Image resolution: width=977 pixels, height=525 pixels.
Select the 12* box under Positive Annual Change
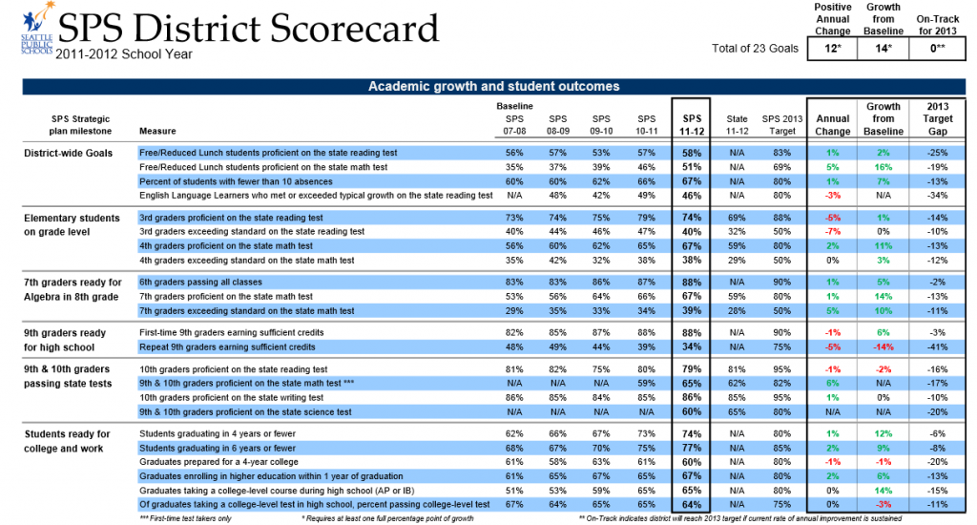832,48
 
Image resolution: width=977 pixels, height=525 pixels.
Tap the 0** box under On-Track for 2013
935,48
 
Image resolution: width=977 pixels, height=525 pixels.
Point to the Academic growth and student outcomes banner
493,87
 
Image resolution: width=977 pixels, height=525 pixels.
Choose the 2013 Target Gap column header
937,118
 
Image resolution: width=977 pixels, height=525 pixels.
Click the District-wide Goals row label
68,153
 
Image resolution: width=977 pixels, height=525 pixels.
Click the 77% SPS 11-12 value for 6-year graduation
693,448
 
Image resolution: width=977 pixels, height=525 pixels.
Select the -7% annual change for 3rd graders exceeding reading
833,231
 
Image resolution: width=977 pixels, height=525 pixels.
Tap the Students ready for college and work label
67,441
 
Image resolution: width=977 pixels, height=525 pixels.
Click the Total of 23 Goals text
753,49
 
